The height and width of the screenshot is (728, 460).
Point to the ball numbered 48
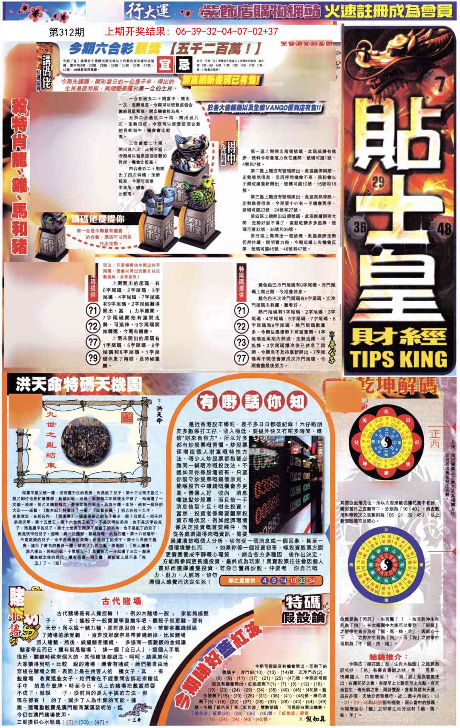click(444, 230)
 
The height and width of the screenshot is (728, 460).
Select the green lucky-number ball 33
click(302, 580)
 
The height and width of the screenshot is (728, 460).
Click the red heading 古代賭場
click(121, 601)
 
